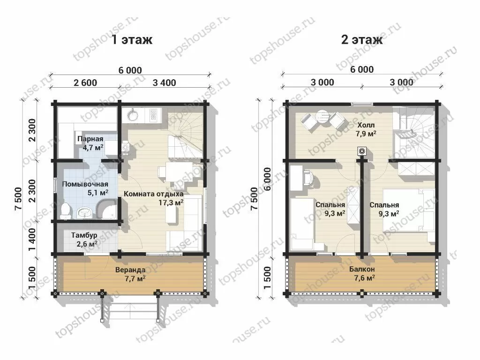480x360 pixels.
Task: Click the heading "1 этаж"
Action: [132, 39]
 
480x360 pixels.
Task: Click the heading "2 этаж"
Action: [362, 39]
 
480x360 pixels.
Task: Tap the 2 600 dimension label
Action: [85, 82]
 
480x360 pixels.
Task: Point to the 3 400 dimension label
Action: [165, 82]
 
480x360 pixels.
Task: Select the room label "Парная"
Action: [90, 139]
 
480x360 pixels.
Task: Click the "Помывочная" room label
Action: [85, 184]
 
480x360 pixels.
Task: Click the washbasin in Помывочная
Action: [84, 212]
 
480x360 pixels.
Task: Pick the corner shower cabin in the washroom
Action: [106, 209]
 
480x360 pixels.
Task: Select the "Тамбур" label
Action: [84, 235]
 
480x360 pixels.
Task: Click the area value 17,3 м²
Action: [171, 202]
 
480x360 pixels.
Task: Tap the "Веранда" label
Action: [130, 270]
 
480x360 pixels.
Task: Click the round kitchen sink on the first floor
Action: [133, 115]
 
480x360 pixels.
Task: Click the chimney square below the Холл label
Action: [362, 150]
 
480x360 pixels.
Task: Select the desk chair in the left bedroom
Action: [308, 178]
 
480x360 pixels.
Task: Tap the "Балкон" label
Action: [362, 270]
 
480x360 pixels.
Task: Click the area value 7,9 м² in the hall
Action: [366, 134]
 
